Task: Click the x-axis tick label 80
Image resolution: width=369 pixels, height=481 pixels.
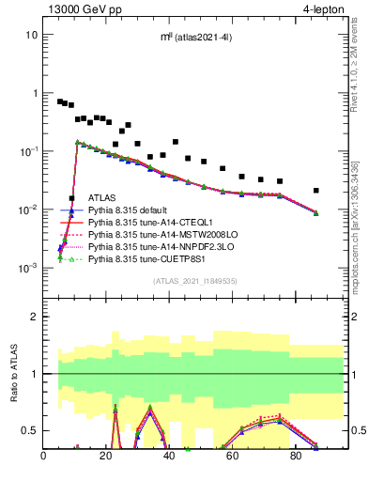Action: (296, 458)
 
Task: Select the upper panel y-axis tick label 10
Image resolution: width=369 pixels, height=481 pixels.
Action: (32, 35)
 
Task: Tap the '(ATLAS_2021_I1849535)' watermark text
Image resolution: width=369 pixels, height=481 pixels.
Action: (193, 280)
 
